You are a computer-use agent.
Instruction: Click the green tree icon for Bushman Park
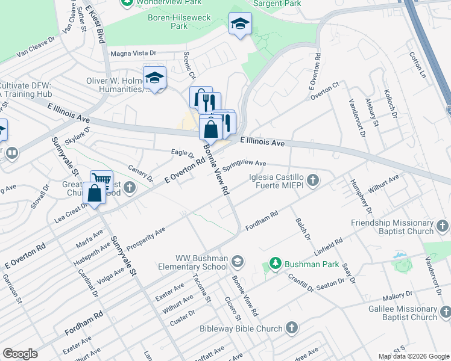pyautogui.click(x=276, y=264)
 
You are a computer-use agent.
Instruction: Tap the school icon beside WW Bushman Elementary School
pyautogui.click(x=238, y=261)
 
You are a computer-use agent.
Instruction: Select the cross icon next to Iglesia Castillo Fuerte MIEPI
pyautogui.click(x=312, y=179)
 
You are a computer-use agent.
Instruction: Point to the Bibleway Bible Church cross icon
pyautogui.click(x=292, y=328)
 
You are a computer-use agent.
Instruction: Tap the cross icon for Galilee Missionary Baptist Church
pyautogui.click(x=445, y=312)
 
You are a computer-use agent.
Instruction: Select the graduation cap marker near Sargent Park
pyautogui.click(x=240, y=23)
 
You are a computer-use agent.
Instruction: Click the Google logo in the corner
pyautogui.click(x=20, y=353)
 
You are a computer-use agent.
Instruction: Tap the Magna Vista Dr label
pyautogui.click(x=133, y=53)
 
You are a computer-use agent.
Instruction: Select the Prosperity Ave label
pyautogui.click(x=145, y=238)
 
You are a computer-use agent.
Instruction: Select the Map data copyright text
pyautogui.click(x=414, y=356)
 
